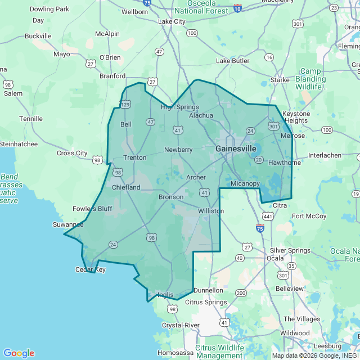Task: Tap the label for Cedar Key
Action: (91, 269)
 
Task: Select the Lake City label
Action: (172, 21)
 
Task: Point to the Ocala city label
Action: (275, 258)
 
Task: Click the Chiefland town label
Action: (126, 187)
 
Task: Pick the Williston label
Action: (211, 211)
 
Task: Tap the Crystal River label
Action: (181, 325)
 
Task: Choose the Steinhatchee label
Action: (19, 144)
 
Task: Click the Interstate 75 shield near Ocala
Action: (259, 228)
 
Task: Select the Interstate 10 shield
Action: (237, 8)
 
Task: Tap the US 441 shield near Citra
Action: (268, 216)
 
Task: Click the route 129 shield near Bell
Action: (125, 105)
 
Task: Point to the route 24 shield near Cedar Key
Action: (113, 244)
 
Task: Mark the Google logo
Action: (19, 353)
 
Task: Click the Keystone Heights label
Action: (295, 117)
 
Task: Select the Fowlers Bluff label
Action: (92, 209)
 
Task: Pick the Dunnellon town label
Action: (208, 290)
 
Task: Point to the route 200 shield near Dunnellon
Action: (241, 293)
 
